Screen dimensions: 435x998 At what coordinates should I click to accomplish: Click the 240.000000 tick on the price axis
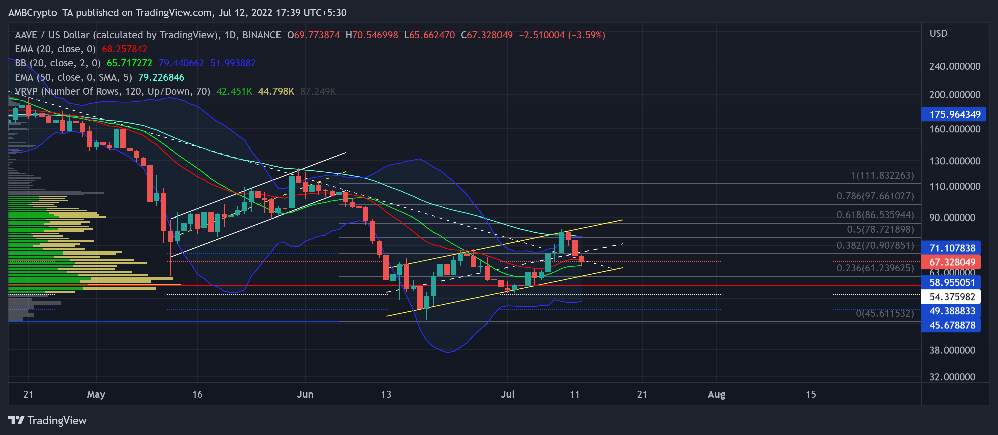(955, 66)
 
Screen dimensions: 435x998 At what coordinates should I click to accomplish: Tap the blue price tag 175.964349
(955, 114)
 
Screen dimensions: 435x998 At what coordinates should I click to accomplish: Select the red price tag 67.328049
(952, 262)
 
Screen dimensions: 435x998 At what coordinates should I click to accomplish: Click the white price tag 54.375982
(952, 297)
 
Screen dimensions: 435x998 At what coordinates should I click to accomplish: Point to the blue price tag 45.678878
(952, 325)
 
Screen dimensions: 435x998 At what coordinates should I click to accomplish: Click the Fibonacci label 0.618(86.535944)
(875, 215)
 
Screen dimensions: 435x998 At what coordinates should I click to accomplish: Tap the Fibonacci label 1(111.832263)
(882, 176)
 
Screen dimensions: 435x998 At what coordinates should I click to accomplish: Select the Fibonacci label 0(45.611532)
(884, 313)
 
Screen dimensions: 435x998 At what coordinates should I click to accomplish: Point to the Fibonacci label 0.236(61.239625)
(875, 268)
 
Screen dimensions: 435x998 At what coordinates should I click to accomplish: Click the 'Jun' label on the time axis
(305, 394)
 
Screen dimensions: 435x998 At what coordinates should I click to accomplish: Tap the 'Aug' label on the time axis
(716, 394)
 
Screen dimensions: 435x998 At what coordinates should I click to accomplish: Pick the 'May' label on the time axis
(96, 394)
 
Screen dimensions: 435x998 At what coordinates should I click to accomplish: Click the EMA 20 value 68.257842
(124, 49)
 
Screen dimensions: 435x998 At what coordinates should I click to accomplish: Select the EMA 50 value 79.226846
(161, 77)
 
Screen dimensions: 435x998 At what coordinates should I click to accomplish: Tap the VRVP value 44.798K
(276, 91)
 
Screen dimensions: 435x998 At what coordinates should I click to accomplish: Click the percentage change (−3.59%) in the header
(586, 35)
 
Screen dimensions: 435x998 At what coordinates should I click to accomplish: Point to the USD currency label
(938, 34)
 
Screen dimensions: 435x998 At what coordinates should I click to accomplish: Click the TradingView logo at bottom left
(47, 420)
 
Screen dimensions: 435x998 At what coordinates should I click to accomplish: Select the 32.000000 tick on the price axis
(952, 377)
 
